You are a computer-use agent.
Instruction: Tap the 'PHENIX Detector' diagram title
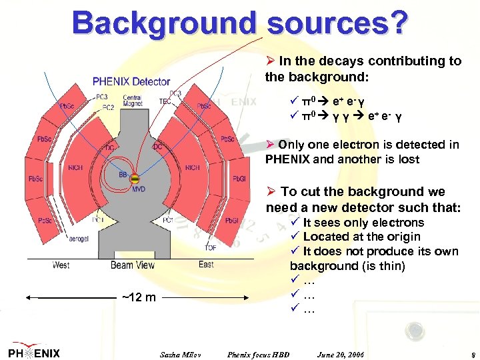tap(131, 82)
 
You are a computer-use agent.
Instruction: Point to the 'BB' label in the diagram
tap(123, 174)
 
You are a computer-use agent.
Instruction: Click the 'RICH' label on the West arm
tap(75, 167)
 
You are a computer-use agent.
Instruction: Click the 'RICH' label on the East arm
tap(193, 167)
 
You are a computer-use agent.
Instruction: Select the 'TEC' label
tap(164, 101)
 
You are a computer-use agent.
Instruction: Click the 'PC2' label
tap(107, 107)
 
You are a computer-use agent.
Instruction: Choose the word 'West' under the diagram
tap(61, 265)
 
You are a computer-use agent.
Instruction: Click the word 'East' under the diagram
tap(206, 265)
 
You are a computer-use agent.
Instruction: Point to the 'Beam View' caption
tap(133, 265)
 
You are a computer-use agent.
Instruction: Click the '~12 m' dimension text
tap(139, 296)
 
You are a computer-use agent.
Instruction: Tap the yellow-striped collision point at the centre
tap(135, 179)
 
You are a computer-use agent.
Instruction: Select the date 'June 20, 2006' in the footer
tap(341, 353)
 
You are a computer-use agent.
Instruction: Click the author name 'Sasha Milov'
tap(181, 353)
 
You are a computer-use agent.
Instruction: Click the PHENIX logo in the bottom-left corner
tap(34, 353)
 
